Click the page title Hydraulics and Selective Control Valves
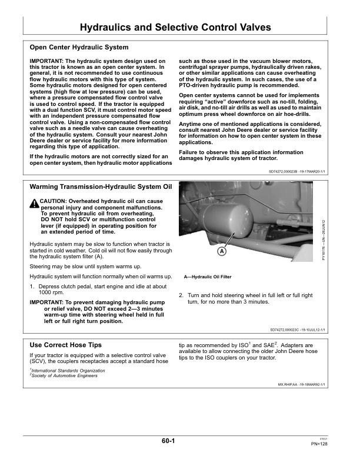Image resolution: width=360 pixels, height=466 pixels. click(x=175, y=27)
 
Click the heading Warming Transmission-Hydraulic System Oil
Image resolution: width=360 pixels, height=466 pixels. click(x=101, y=187)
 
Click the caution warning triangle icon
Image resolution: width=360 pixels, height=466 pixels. click(x=34, y=203)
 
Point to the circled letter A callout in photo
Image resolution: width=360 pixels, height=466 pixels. click(x=222, y=251)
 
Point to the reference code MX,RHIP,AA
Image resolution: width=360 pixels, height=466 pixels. click(x=294, y=384)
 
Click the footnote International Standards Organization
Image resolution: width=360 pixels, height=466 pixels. click(x=68, y=371)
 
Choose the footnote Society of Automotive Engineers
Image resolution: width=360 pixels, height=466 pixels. click(x=65, y=376)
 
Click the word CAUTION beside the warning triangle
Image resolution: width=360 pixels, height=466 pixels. click(x=53, y=201)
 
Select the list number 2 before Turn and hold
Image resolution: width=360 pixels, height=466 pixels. click(x=181, y=295)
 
